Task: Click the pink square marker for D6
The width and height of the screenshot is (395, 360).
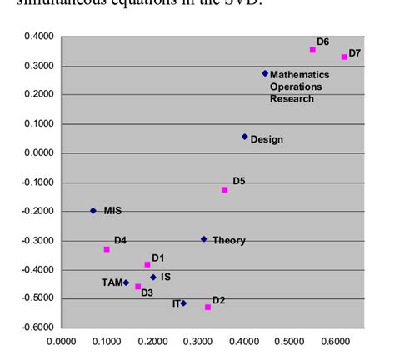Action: [x=313, y=51]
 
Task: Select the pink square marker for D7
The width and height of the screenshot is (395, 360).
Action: [x=344, y=57]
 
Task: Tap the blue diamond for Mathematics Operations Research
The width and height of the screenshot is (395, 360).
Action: [x=265, y=73]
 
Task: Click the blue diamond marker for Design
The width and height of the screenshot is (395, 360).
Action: [x=244, y=137]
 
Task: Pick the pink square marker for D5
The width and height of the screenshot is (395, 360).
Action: [x=225, y=190]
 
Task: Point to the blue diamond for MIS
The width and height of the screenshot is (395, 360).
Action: [x=92, y=211]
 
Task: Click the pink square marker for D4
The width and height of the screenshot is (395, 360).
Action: [x=107, y=249]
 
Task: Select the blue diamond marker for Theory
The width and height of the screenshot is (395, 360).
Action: [x=203, y=239]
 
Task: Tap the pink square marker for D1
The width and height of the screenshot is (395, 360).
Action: [x=147, y=264]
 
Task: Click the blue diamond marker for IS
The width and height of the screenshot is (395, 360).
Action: [x=153, y=277]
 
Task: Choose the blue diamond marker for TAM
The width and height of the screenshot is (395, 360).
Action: [x=126, y=282]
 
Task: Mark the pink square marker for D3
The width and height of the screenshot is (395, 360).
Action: [x=138, y=287]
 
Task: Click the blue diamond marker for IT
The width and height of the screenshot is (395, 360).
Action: [x=183, y=303]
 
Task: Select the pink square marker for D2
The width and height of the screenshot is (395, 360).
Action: [x=207, y=307]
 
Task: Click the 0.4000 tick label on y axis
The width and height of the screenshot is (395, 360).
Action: [x=38, y=37]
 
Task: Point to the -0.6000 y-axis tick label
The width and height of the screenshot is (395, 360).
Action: [x=37, y=327]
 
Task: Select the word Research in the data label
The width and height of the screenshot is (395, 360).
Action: [x=292, y=99]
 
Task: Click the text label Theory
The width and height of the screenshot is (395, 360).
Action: [x=228, y=241]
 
